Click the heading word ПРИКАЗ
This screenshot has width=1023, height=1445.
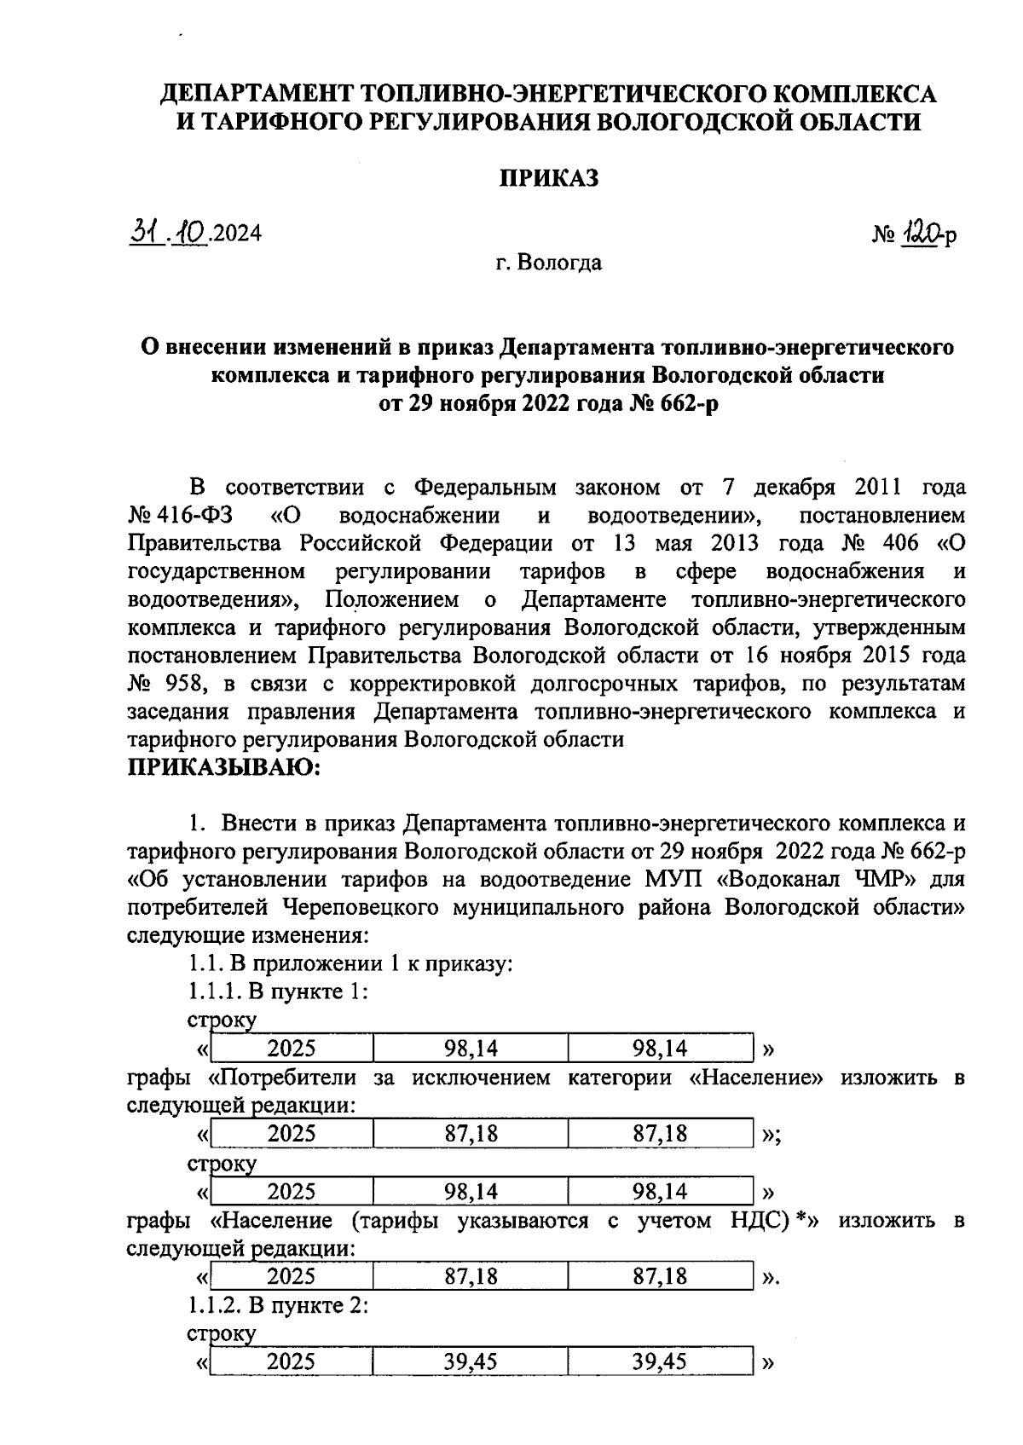tap(548, 178)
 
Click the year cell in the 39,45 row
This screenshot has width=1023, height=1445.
tap(291, 1361)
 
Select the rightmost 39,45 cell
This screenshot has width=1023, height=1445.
tap(659, 1361)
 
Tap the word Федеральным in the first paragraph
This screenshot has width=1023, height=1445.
tap(485, 488)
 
